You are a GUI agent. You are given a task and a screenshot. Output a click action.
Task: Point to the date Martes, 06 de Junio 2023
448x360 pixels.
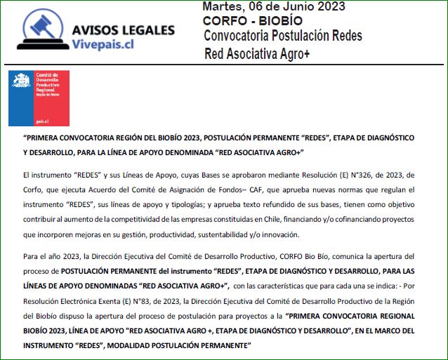click(273, 7)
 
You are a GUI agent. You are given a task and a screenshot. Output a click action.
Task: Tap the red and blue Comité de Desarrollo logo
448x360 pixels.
click(39, 98)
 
